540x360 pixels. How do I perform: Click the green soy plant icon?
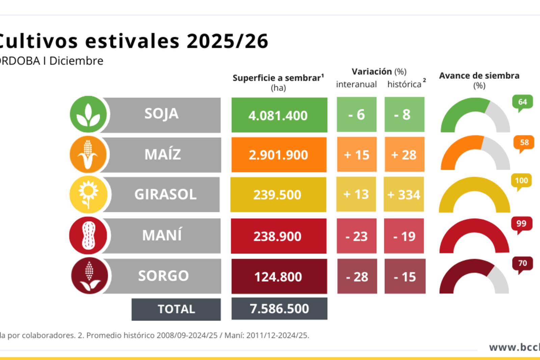click(88, 114)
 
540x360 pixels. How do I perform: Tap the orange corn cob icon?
click(88, 155)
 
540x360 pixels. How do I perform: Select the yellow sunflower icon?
click(88, 194)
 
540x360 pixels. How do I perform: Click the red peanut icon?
click(88, 235)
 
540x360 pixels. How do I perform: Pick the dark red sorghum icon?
click(89, 276)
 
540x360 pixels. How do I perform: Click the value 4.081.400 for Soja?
click(279, 115)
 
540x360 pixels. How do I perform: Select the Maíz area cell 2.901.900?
click(279, 155)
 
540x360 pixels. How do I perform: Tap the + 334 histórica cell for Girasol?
click(404, 195)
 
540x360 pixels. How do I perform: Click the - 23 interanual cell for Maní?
click(356, 236)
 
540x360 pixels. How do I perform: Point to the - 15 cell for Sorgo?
click(405, 277)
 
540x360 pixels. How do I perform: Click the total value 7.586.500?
click(279, 309)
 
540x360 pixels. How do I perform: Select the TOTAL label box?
click(176, 309)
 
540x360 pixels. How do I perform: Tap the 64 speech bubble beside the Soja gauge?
click(522, 102)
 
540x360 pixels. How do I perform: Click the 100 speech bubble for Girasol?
click(521, 181)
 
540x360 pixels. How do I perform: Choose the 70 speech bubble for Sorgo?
click(522, 263)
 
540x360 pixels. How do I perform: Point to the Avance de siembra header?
click(479, 76)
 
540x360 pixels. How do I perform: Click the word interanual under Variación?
click(356, 84)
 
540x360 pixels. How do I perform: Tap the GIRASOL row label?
click(165, 195)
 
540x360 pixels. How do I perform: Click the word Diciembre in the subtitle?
click(76, 61)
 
